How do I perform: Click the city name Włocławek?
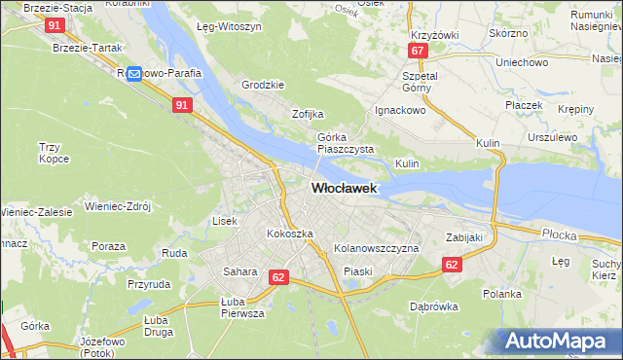coord(344,189)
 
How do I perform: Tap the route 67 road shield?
coord(417,51)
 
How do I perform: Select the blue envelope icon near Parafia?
coord(134,73)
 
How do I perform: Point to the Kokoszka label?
coord(290,234)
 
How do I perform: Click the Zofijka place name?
coord(308,114)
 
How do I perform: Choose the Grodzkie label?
coord(263,85)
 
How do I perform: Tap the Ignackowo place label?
coord(401,110)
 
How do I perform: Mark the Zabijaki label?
coord(464,236)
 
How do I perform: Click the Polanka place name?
coord(502,293)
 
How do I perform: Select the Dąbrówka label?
coord(434,306)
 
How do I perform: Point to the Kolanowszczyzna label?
coord(376,249)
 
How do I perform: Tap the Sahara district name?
coord(239,271)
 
